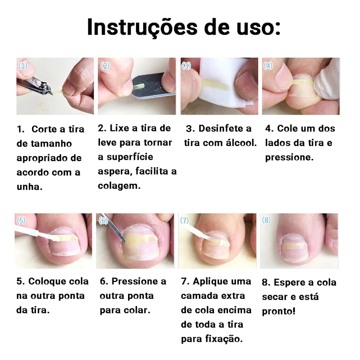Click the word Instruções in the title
click(142, 28)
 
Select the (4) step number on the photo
click(268, 66)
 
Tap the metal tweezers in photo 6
click(113, 228)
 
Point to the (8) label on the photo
click(266, 220)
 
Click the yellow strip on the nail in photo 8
click(294, 247)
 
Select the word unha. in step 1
click(30, 187)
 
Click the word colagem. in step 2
click(119, 186)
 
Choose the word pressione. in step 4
click(289, 158)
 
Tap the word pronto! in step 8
click(278, 311)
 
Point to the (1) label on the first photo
click(23, 66)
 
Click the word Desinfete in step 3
click(220, 128)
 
